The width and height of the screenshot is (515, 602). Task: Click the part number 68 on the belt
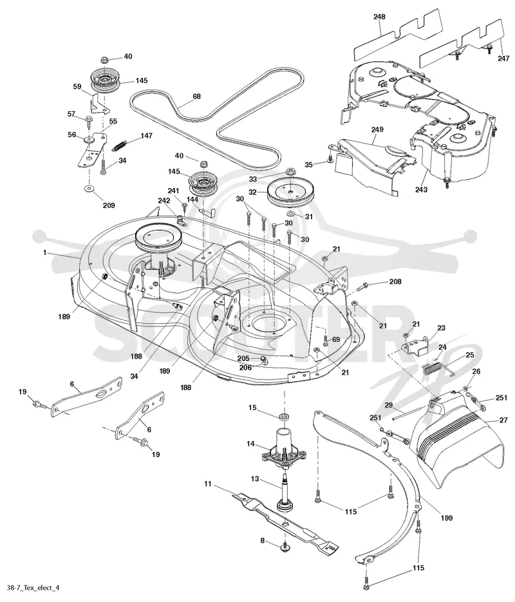tap(196, 97)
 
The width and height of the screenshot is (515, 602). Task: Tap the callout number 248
tap(379, 17)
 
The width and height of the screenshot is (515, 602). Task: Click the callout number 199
tap(447, 518)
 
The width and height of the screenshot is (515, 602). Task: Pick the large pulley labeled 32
tap(290, 193)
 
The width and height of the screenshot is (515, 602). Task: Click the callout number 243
tap(422, 189)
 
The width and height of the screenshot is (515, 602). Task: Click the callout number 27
tap(503, 420)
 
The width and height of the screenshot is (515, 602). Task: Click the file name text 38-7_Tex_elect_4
tap(31, 587)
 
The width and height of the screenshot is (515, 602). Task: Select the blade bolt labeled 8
tap(286, 546)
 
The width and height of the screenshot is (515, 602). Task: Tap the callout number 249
tap(377, 129)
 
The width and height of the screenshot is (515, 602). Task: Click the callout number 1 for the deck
tap(44, 252)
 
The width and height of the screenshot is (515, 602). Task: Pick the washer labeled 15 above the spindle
tap(285, 416)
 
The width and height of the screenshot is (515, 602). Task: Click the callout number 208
tap(395, 281)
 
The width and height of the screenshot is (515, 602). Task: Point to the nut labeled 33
tap(290, 170)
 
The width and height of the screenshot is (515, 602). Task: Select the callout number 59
tap(77, 87)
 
